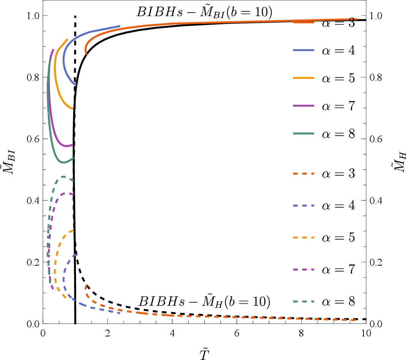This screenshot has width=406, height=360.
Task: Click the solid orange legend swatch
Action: [303, 22]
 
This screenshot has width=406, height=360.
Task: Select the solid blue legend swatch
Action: [303, 50]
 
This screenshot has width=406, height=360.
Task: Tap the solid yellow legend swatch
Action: [303, 78]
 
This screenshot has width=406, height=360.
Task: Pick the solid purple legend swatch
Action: [303, 106]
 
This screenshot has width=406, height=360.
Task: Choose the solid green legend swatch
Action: [303, 134]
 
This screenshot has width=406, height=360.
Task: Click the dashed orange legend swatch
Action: [303, 174]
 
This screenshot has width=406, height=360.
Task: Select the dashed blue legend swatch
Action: [303, 205]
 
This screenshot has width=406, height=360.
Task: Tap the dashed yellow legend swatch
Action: [303, 237]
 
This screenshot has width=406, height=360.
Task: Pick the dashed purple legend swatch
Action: [303, 269]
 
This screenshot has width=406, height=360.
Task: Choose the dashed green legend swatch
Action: [303, 301]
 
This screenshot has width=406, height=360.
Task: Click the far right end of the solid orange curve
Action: [357, 19]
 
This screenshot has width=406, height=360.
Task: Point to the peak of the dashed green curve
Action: [63, 177]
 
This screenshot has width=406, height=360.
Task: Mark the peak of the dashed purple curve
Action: [67, 193]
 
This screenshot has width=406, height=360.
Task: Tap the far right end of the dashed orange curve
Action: [355, 320]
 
